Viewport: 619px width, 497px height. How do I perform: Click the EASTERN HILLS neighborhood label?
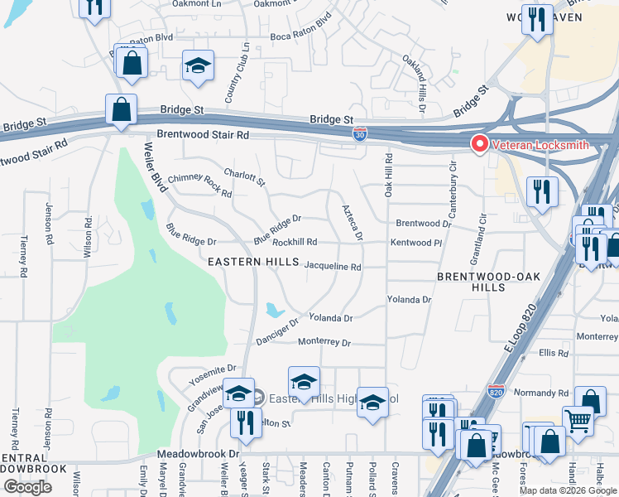[x=252, y=262]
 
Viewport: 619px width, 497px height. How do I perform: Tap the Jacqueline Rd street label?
[x=333, y=268]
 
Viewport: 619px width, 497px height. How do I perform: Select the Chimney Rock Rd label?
[x=199, y=185]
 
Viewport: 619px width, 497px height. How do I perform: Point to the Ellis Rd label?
[x=553, y=353]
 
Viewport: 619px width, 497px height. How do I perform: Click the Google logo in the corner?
[x=27, y=487]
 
